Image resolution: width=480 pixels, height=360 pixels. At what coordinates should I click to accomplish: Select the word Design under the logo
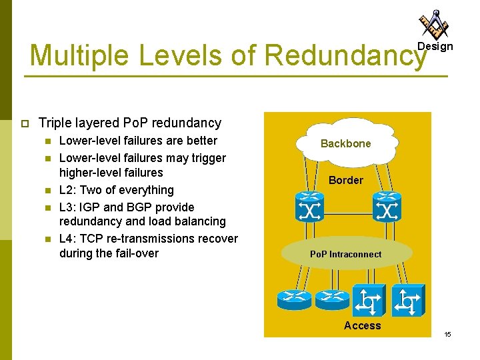(x=435, y=47)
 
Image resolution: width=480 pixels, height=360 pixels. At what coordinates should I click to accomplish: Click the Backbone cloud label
(x=345, y=143)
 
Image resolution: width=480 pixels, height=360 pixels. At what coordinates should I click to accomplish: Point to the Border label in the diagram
(x=346, y=180)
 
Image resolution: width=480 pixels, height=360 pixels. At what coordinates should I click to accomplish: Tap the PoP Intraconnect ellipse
(x=345, y=253)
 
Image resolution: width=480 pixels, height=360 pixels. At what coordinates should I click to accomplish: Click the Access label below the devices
(x=362, y=325)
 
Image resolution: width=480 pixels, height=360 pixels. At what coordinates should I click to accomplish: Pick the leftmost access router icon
(x=293, y=300)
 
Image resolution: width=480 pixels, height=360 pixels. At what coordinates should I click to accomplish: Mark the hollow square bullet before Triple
(x=25, y=123)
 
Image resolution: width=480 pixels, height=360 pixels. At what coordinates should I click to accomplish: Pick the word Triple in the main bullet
(x=55, y=123)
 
